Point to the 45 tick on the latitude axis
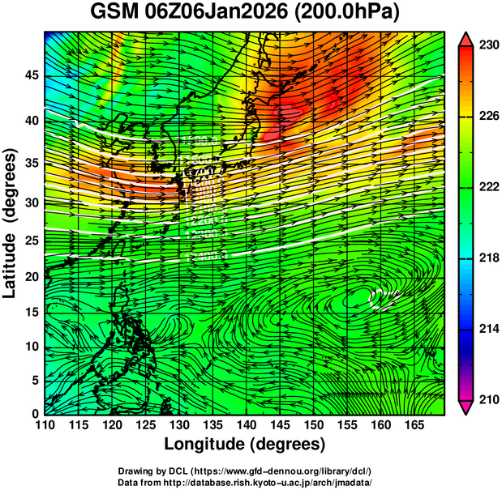pyautogui.click(x=30, y=76)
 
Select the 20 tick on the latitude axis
pyautogui.click(x=30, y=277)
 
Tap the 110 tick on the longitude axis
pyautogui.click(x=45, y=424)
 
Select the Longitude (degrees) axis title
pyautogui.click(x=244, y=444)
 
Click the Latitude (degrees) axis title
pyautogui.click(x=11, y=223)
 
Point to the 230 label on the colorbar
pyautogui.click(x=488, y=45)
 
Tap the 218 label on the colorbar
pyautogui.click(x=488, y=258)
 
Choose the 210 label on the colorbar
pyautogui.click(x=488, y=399)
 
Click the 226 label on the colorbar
pyautogui.click(x=488, y=117)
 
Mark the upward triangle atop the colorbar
pyautogui.click(x=467, y=38)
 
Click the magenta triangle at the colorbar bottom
pyautogui.click(x=467, y=407)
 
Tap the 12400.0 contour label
pyautogui.click(x=206, y=256)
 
